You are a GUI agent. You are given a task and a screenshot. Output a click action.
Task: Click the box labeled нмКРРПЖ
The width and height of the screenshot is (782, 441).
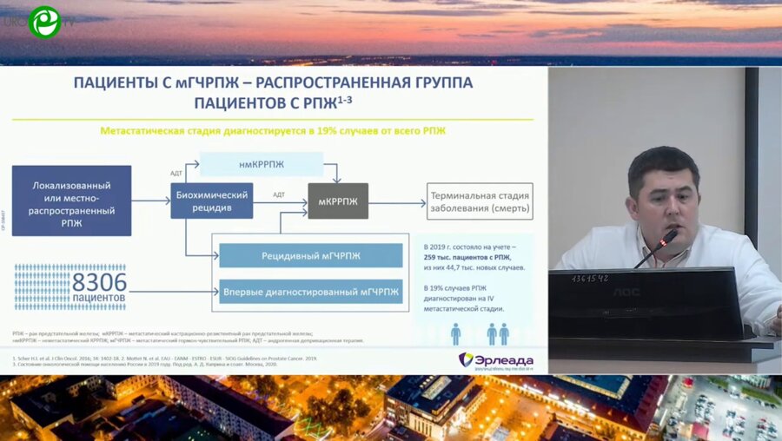click(261, 164)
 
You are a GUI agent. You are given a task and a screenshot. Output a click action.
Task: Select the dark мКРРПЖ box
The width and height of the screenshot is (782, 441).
click(338, 201)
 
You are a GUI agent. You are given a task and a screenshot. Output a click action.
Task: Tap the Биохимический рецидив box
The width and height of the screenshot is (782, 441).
click(212, 201)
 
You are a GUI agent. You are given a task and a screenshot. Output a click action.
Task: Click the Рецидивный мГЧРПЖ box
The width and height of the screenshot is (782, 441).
click(310, 256)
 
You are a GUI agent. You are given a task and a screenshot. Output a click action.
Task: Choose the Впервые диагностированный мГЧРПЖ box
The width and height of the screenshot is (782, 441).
click(310, 292)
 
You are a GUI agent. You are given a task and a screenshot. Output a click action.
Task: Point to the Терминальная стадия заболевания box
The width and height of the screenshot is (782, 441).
click(479, 201)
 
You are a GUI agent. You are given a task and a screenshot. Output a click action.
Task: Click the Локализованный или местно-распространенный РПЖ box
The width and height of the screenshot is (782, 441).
click(72, 201)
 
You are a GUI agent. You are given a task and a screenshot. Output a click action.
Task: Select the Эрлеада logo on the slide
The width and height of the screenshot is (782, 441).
click(496, 359)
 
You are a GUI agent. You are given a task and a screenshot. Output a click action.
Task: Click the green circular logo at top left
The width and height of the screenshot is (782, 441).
click(43, 22)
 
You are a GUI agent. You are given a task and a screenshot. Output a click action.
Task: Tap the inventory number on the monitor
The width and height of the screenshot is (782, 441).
click(589, 279)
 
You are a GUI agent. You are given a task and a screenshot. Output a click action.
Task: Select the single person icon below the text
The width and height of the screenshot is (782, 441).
click(455, 333)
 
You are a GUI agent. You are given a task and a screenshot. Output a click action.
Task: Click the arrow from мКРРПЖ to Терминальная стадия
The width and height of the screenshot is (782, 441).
click(397, 201)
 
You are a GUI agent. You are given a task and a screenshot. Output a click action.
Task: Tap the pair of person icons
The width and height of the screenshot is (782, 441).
click(498, 333)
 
